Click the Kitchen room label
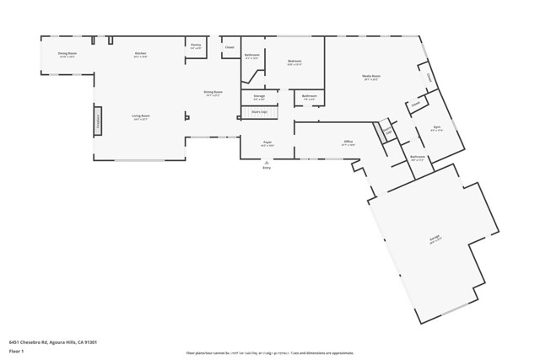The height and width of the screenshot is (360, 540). tap(140, 54)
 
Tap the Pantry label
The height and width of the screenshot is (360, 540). tap(196, 46)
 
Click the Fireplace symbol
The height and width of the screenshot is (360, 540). tap(98, 117)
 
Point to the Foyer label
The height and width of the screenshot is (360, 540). tap(266, 142)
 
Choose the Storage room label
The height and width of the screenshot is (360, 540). tap(259, 96)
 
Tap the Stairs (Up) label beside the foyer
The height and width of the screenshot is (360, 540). tap(259, 111)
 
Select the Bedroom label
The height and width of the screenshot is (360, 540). tap(294, 62)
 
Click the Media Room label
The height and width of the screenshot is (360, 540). tap(370, 77)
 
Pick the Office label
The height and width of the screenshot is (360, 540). tap(348, 142)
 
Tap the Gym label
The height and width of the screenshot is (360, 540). tap(437, 129)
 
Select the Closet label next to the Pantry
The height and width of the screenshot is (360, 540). tap(229, 47)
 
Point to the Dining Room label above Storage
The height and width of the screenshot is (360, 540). tap(213, 92)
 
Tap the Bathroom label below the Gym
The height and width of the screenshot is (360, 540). tap(418, 157)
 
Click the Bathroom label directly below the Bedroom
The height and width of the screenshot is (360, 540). tap(310, 96)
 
